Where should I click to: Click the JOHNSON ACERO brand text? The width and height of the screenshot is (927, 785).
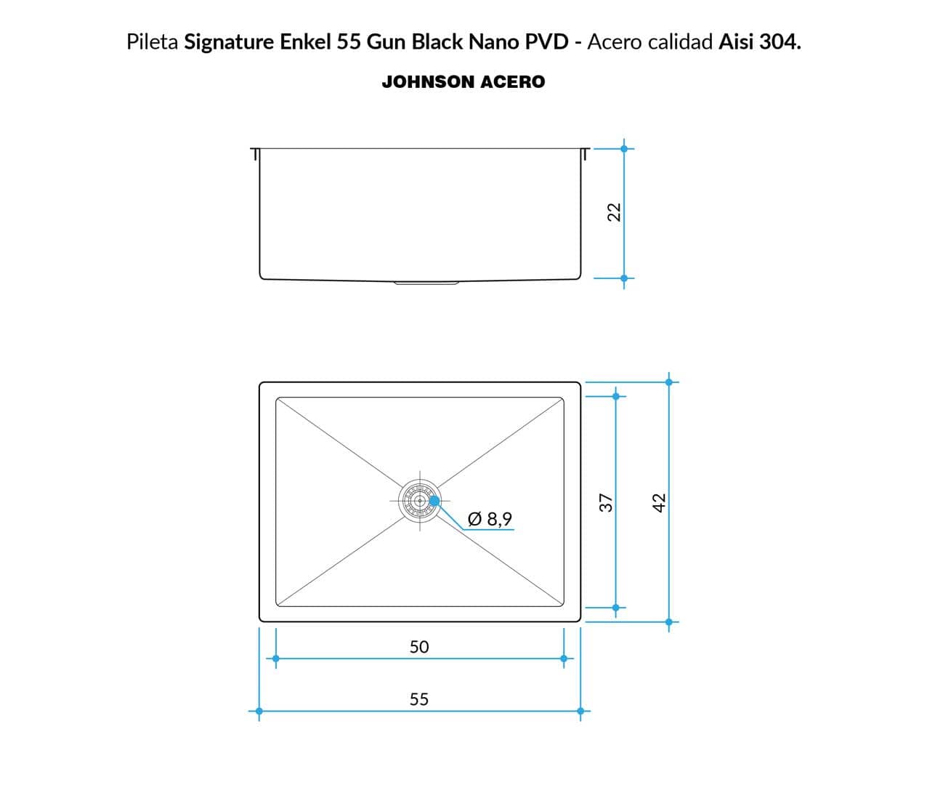[463, 81]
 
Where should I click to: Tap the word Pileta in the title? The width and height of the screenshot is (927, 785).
[153, 42]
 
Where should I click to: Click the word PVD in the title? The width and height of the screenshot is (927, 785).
[547, 42]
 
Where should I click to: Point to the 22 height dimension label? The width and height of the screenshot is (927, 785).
[614, 212]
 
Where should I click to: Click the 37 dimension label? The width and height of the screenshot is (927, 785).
[606, 503]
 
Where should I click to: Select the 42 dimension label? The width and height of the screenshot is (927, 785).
[659, 503]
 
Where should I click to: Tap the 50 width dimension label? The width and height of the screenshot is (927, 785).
[419, 647]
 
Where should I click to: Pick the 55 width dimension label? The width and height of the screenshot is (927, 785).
[419, 699]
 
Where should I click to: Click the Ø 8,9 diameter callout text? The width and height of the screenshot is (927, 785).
[489, 519]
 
